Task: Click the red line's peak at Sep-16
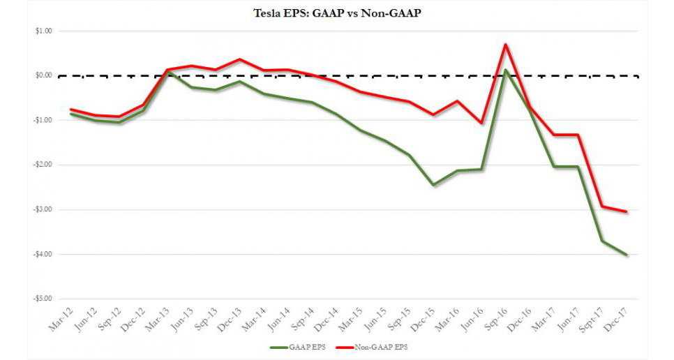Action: point(505,45)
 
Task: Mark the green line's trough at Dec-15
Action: point(433,185)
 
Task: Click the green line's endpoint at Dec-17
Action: point(627,255)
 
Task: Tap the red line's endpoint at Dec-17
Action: point(627,211)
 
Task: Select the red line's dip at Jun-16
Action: point(481,123)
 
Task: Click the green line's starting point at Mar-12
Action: point(70,114)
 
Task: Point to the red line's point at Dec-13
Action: point(239,59)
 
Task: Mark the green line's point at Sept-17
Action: point(602,241)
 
